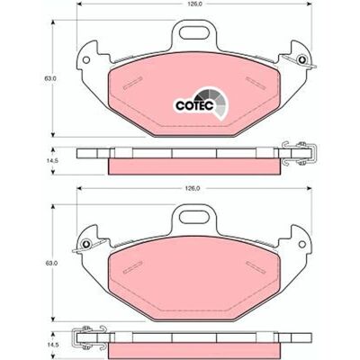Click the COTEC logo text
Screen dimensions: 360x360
[x=194, y=105]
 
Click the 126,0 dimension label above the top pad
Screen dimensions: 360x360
[x=193, y=4]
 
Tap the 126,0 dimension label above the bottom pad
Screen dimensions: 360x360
[x=193, y=188]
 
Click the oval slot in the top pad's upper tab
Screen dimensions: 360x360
[x=195, y=32]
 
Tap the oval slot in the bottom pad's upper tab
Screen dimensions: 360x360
[x=195, y=217]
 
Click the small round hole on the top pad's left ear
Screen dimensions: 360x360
[x=86, y=59]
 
